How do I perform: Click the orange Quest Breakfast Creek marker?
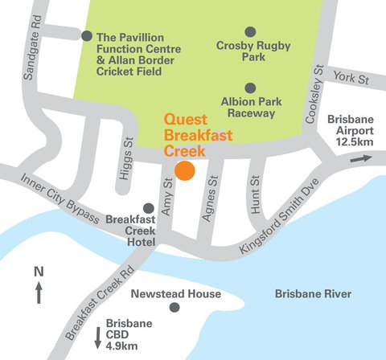[186, 170]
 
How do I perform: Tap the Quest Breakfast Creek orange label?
[197, 135]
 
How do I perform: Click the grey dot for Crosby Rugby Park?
[250, 31]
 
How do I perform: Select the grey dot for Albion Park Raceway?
[250, 87]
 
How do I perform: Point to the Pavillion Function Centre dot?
[87, 35]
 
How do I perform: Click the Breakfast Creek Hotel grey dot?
[148, 208]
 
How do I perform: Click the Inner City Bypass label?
[60, 198]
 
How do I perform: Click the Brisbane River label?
[313, 295]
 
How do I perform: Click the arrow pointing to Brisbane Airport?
[361, 159]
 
